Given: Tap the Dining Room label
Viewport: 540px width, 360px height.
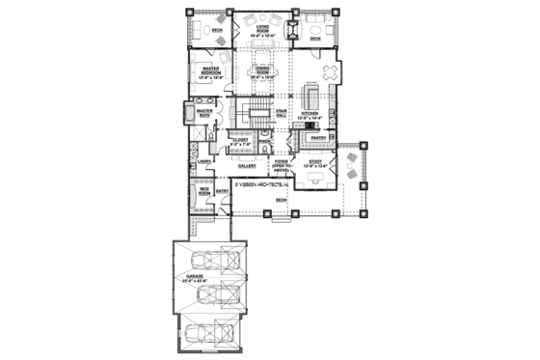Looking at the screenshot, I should coord(262,70).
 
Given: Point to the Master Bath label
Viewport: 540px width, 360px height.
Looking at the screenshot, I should coord(204,113).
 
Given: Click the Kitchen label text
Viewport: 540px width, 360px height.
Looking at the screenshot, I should coord(310,115).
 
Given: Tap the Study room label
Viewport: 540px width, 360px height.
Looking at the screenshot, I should coord(316,164).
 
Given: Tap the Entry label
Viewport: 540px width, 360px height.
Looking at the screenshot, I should coord(222,191).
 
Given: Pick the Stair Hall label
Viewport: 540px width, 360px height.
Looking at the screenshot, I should coord(282,114).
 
